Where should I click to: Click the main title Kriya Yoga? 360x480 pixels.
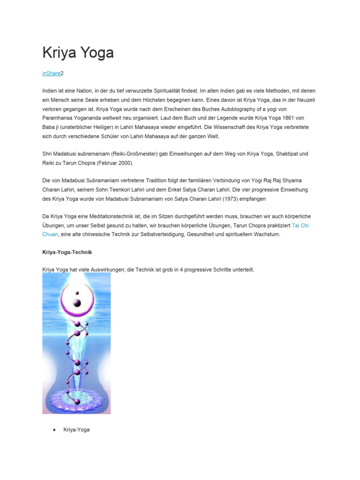pyautogui.click(x=78, y=52)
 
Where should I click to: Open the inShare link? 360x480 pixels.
pyautogui.click(x=51, y=74)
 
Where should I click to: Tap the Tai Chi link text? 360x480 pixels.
pyautogui.click(x=300, y=225)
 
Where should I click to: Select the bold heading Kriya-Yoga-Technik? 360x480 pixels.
pyautogui.click(x=67, y=252)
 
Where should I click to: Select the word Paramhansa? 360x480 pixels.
pyautogui.click(x=59, y=118)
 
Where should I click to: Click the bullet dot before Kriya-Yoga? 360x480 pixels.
pyautogui.click(x=55, y=429)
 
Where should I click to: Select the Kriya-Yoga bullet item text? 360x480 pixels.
pyautogui.click(x=76, y=429)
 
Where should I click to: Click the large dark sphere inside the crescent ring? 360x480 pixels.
pyautogui.click(x=77, y=302)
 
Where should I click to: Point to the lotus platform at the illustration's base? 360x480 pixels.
pyautogui.click(x=77, y=397)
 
